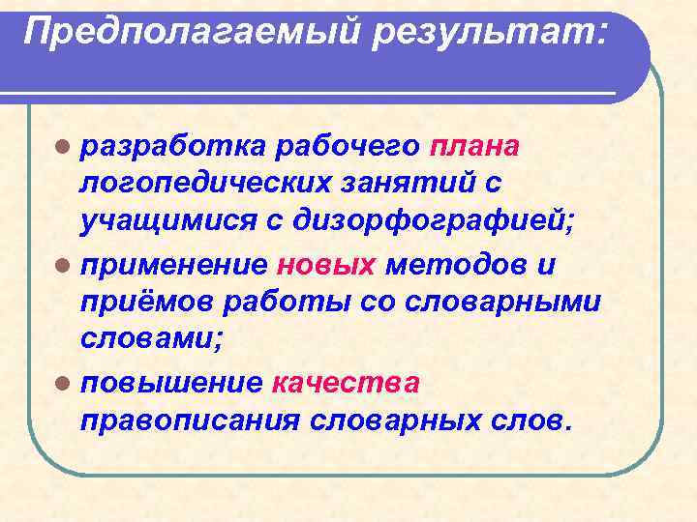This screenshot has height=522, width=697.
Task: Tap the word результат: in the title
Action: click(494, 35)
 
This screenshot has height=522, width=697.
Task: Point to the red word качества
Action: click(347, 383)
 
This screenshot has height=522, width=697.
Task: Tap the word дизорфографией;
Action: click(437, 221)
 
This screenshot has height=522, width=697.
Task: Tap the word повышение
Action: click(171, 383)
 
